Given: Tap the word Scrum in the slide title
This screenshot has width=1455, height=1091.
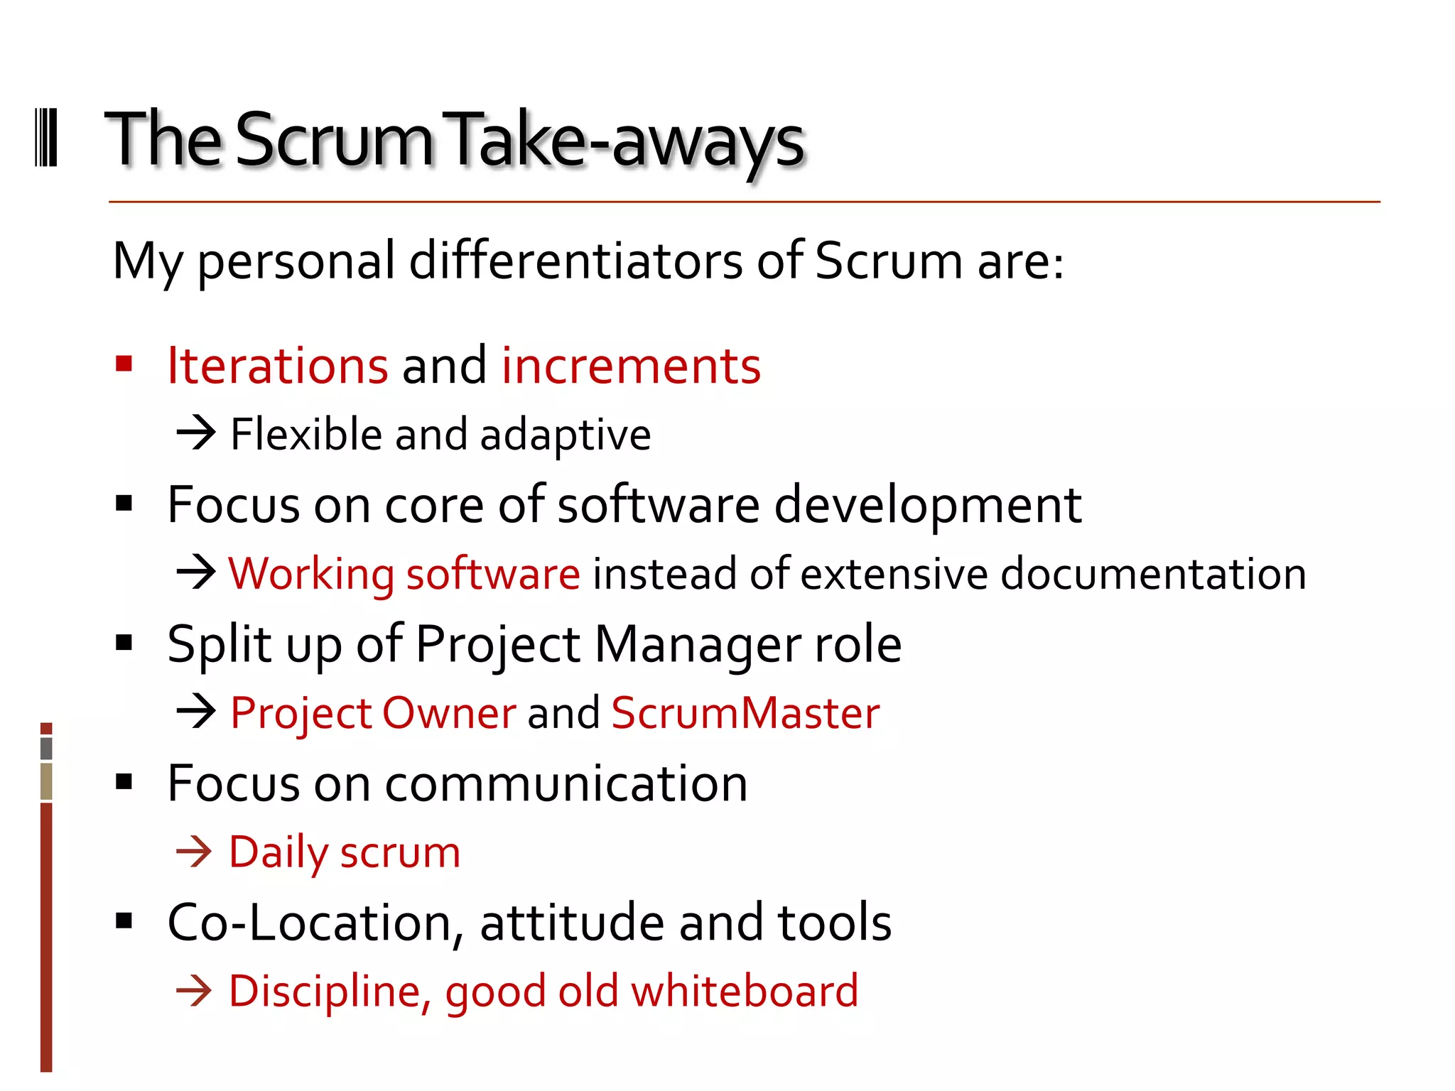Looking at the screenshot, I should [333, 141].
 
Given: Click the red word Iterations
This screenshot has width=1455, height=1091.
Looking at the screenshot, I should [278, 366].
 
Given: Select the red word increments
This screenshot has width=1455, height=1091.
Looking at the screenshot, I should [631, 366].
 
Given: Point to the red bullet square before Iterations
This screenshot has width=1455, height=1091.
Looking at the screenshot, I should [124, 364].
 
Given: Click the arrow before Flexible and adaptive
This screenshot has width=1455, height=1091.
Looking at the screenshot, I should [196, 433].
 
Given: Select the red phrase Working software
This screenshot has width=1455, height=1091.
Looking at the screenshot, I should [404, 574].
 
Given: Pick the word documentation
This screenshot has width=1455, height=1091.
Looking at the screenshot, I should [1153, 574].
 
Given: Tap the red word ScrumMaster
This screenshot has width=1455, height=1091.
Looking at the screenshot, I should [745, 713].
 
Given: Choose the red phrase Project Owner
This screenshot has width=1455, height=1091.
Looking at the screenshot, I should [374, 713].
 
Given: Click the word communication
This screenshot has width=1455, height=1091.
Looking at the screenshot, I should [566, 784].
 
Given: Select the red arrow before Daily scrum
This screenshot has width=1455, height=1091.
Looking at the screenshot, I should [195, 852].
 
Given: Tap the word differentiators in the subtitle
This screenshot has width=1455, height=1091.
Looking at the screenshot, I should [576, 261].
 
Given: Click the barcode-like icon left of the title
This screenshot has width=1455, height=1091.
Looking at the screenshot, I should [46, 138].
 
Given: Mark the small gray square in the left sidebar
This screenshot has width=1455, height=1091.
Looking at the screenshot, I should [46, 748].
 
